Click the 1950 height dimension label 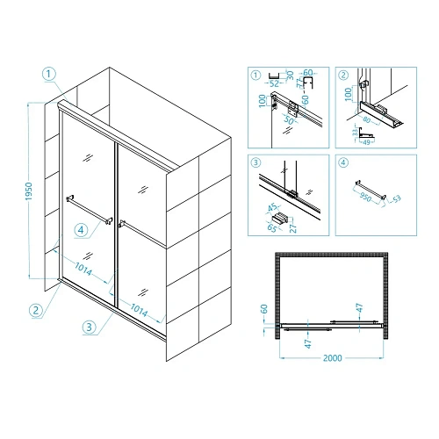click(x=29, y=191)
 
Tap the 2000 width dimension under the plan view click(x=332, y=358)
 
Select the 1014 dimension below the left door click(x=83, y=269)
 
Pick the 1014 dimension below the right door click(x=139, y=310)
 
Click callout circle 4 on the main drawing click(x=81, y=230)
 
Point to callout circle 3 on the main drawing click(x=90, y=327)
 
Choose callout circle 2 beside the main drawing click(x=36, y=310)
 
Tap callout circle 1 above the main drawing click(x=49, y=74)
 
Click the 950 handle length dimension click(x=365, y=197)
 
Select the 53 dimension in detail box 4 click(x=397, y=199)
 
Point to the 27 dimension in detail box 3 click(x=293, y=227)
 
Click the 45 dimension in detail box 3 click(x=273, y=207)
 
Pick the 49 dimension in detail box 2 click(x=366, y=142)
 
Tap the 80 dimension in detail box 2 click(x=367, y=120)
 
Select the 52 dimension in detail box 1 click(x=274, y=83)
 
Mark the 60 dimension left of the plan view click(x=263, y=309)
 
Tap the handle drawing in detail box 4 click(x=371, y=190)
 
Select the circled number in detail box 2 click(x=343, y=76)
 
